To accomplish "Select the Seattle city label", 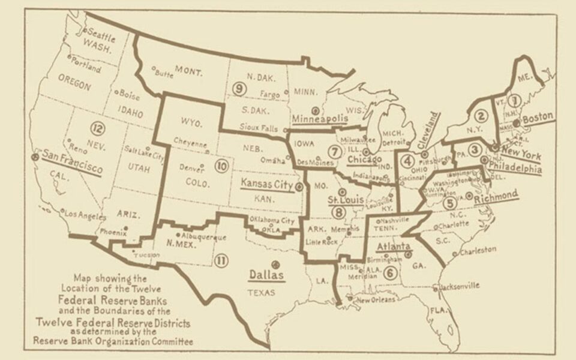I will [101, 34].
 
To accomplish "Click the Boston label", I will [537, 119].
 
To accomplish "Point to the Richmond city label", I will [496, 196].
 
